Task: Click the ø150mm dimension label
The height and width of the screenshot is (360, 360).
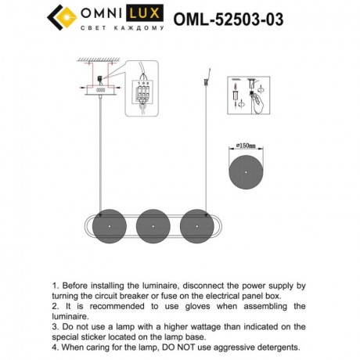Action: (x=248, y=146)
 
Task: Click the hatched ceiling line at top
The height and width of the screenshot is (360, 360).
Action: (x=102, y=60)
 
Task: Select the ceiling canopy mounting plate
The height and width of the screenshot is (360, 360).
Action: (x=102, y=90)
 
